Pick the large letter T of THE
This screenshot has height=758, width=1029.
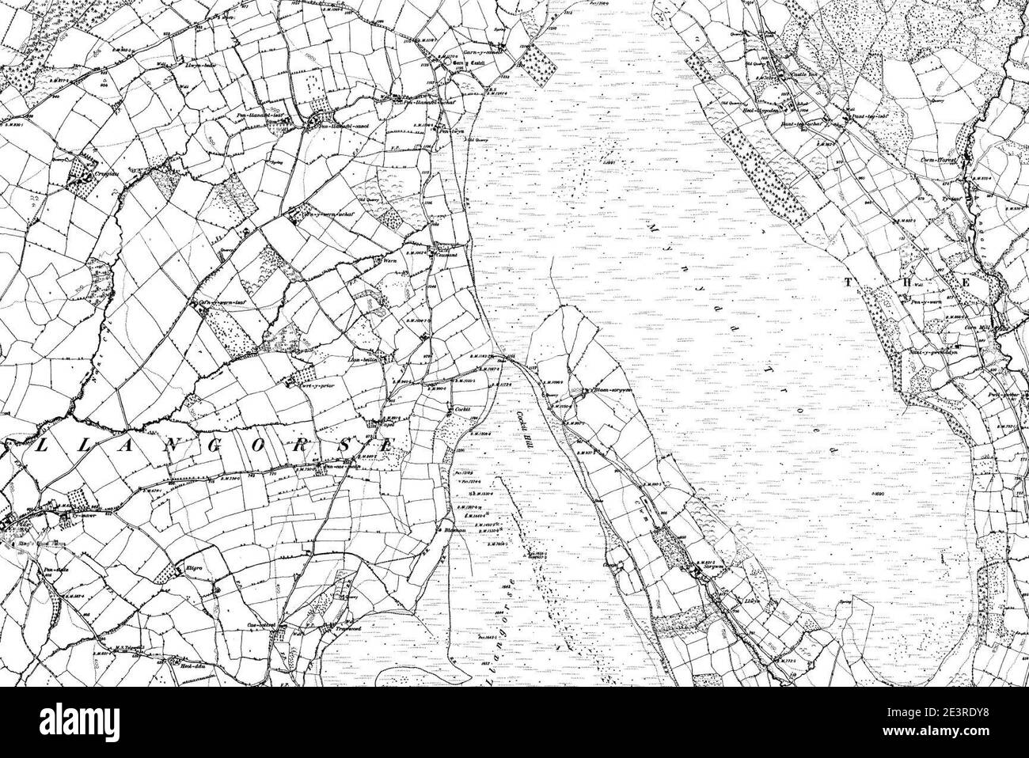tap(852, 282)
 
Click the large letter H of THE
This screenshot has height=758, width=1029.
tap(920, 282)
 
